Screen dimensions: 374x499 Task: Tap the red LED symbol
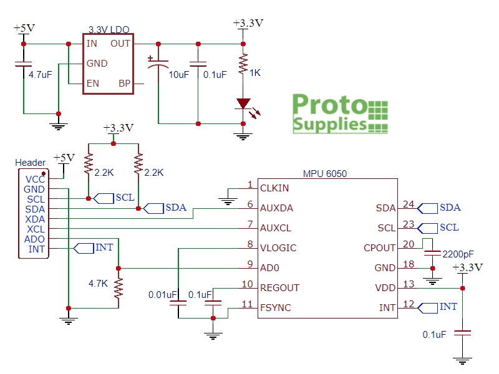[243, 103]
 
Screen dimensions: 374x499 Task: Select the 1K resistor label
[255, 72]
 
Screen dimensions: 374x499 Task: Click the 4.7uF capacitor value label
[41, 74]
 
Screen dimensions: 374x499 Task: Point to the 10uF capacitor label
[179, 75]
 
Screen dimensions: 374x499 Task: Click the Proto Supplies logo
[341, 113]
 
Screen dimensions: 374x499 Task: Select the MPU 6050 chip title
[325, 174]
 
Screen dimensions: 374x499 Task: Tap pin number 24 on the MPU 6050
[409, 204]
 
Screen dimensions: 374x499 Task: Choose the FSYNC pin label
[276, 308]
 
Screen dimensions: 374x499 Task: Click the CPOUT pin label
[379, 248]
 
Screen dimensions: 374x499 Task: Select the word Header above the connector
[30, 163]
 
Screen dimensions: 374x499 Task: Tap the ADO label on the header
[34, 239]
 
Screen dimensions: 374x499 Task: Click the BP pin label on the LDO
[125, 84]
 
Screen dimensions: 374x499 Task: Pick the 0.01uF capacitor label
[163, 294]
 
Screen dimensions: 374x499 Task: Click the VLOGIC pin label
[278, 248]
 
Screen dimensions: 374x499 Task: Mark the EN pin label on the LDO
[92, 84]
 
